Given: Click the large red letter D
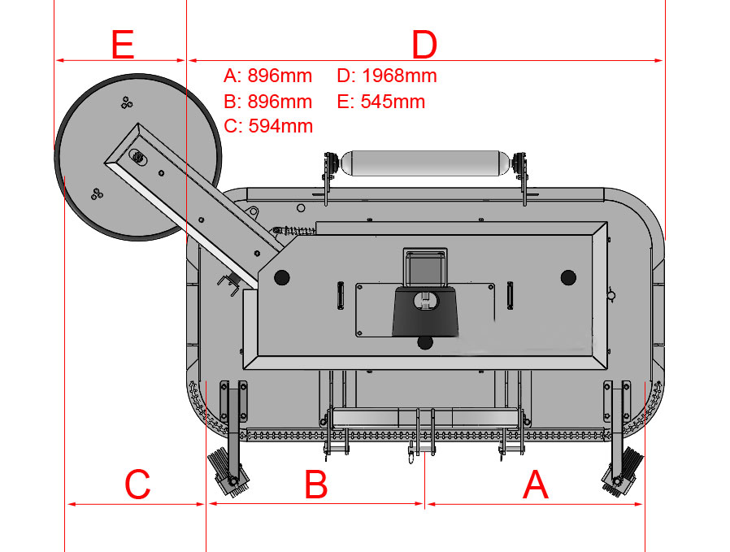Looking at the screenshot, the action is point(424,45).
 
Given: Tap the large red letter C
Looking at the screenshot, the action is point(137,485).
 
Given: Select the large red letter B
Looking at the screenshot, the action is point(316,485).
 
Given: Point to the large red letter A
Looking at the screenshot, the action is point(536,485).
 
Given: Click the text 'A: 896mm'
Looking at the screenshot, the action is point(267,76).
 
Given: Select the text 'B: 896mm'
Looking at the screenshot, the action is point(267,102).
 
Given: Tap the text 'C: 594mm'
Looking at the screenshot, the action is point(268,126).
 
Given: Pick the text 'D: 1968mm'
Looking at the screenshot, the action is point(387,76).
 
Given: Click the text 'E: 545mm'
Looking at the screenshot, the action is point(380,102).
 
